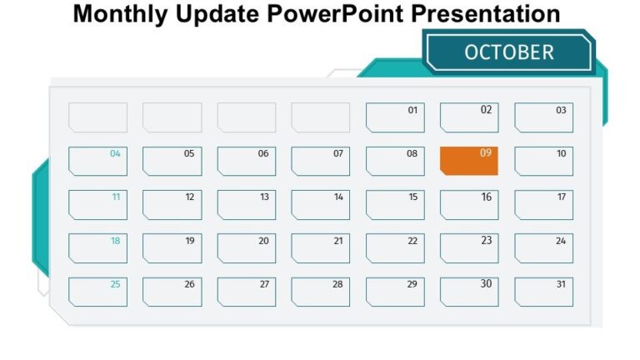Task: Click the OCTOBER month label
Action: (x=508, y=52)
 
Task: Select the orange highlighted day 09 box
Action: (x=469, y=161)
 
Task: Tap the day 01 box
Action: (x=395, y=117)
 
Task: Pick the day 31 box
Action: (x=543, y=292)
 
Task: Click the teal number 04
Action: (x=116, y=153)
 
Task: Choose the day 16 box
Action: (x=469, y=205)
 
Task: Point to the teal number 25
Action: (x=116, y=284)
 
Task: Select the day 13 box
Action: (x=247, y=205)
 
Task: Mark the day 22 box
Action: (x=395, y=248)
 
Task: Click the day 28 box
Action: (x=321, y=292)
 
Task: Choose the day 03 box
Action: (x=543, y=117)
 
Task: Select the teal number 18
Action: (x=116, y=241)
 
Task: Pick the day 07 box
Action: (x=321, y=161)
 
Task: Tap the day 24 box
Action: (x=543, y=248)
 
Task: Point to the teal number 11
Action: (x=116, y=197)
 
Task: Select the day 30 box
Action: (x=469, y=292)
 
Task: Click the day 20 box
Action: (x=247, y=248)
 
